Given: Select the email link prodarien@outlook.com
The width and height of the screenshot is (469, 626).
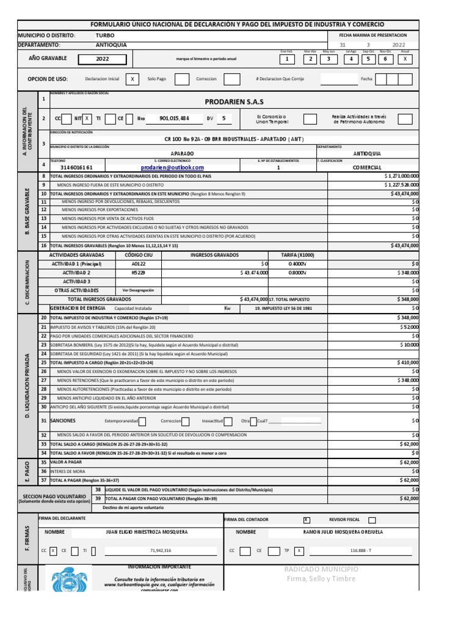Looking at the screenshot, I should tap(172, 167).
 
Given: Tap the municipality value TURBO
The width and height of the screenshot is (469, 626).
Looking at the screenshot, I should tap(104, 35).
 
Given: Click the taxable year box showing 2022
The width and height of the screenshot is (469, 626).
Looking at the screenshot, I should tap(103, 59).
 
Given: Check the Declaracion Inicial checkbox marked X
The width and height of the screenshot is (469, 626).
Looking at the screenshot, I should tap(133, 79).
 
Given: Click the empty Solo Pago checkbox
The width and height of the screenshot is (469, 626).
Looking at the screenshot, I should tap(181, 79).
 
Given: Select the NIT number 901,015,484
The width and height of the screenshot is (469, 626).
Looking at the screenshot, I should tap(174, 119).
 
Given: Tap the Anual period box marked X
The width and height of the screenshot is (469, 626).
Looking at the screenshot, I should tap(405, 59).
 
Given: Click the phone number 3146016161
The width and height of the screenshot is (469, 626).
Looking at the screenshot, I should tap(76, 167).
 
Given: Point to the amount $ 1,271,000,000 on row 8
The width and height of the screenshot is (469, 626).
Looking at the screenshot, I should tap(402, 176).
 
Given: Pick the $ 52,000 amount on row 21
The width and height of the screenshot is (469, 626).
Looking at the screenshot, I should tap(409, 328).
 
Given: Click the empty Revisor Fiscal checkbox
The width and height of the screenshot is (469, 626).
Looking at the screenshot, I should tap(372, 520).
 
